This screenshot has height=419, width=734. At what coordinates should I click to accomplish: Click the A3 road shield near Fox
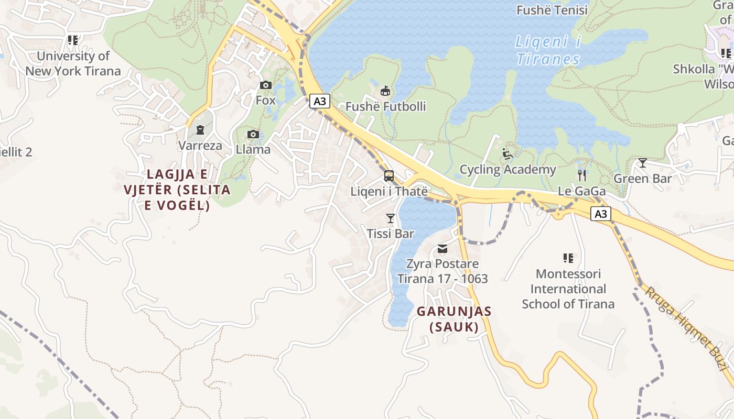coord(320,101)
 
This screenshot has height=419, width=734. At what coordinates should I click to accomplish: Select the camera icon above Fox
coord(266,85)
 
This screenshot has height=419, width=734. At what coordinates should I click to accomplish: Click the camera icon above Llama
coord(253,135)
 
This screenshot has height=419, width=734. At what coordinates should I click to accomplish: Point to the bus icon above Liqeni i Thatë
coord(389,176)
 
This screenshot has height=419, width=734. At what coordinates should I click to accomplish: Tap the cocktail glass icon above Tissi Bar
coord(390,218)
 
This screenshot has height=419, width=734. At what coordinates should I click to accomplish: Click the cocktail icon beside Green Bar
coord(642,163)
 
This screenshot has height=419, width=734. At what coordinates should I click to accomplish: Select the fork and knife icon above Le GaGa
coord(581,175)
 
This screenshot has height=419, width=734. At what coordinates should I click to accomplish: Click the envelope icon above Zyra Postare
coord(442,249)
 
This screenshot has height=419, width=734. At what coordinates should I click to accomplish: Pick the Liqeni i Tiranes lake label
coord(548,50)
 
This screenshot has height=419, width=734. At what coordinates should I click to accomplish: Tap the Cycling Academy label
coord(508,170)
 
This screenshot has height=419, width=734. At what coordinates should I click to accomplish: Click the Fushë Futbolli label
coord(385,107)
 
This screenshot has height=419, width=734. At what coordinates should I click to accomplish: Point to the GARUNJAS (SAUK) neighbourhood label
coord(454,319)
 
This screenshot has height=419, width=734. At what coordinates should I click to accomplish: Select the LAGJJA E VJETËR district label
coord(177,190)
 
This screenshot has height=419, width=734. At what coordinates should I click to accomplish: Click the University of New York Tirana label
coord(73,63)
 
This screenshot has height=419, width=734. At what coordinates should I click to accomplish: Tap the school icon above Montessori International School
coord(568,258)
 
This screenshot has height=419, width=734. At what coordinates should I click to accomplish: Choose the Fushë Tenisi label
coord(553,10)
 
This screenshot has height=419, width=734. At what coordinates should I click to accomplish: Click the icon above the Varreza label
coord(200,129)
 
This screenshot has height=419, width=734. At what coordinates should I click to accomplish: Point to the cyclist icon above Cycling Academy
coord(507,154)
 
